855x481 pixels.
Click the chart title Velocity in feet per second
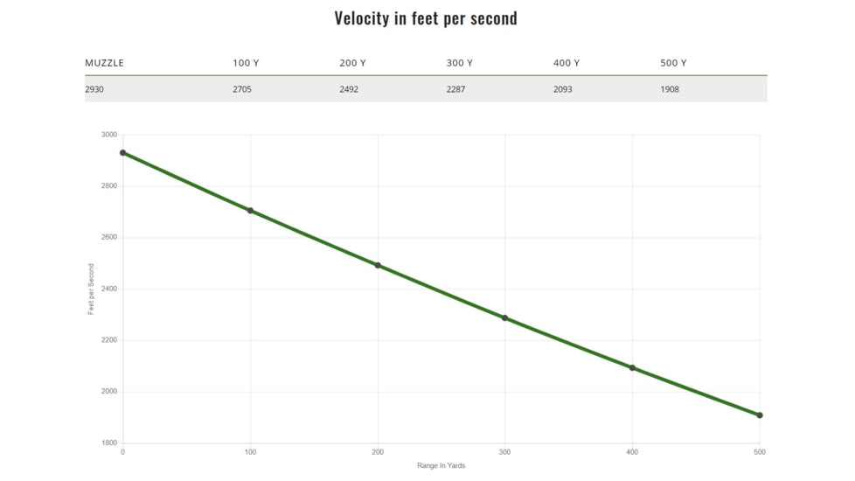click(426, 18)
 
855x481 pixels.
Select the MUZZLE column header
click(104, 63)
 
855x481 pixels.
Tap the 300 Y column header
click(459, 63)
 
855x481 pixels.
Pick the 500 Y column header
click(673, 63)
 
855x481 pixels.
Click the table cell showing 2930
click(94, 89)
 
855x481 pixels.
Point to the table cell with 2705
click(242, 89)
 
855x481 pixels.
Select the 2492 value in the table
click(349, 89)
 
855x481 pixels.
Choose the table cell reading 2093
click(563, 89)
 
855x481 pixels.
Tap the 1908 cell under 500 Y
click(670, 89)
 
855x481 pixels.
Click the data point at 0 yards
click(123, 153)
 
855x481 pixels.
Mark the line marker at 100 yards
click(251, 211)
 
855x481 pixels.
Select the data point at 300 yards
click(505, 318)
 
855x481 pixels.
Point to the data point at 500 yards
click(760, 415)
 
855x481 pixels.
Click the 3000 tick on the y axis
click(108, 135)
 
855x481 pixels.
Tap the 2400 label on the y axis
click(108, 289)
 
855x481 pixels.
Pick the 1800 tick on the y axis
click(108, 443)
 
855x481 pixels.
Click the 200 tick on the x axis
click(378, 452)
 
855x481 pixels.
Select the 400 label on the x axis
click(632, 452)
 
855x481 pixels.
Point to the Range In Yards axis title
click(441, 465)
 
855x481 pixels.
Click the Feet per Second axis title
click(91, 289)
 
